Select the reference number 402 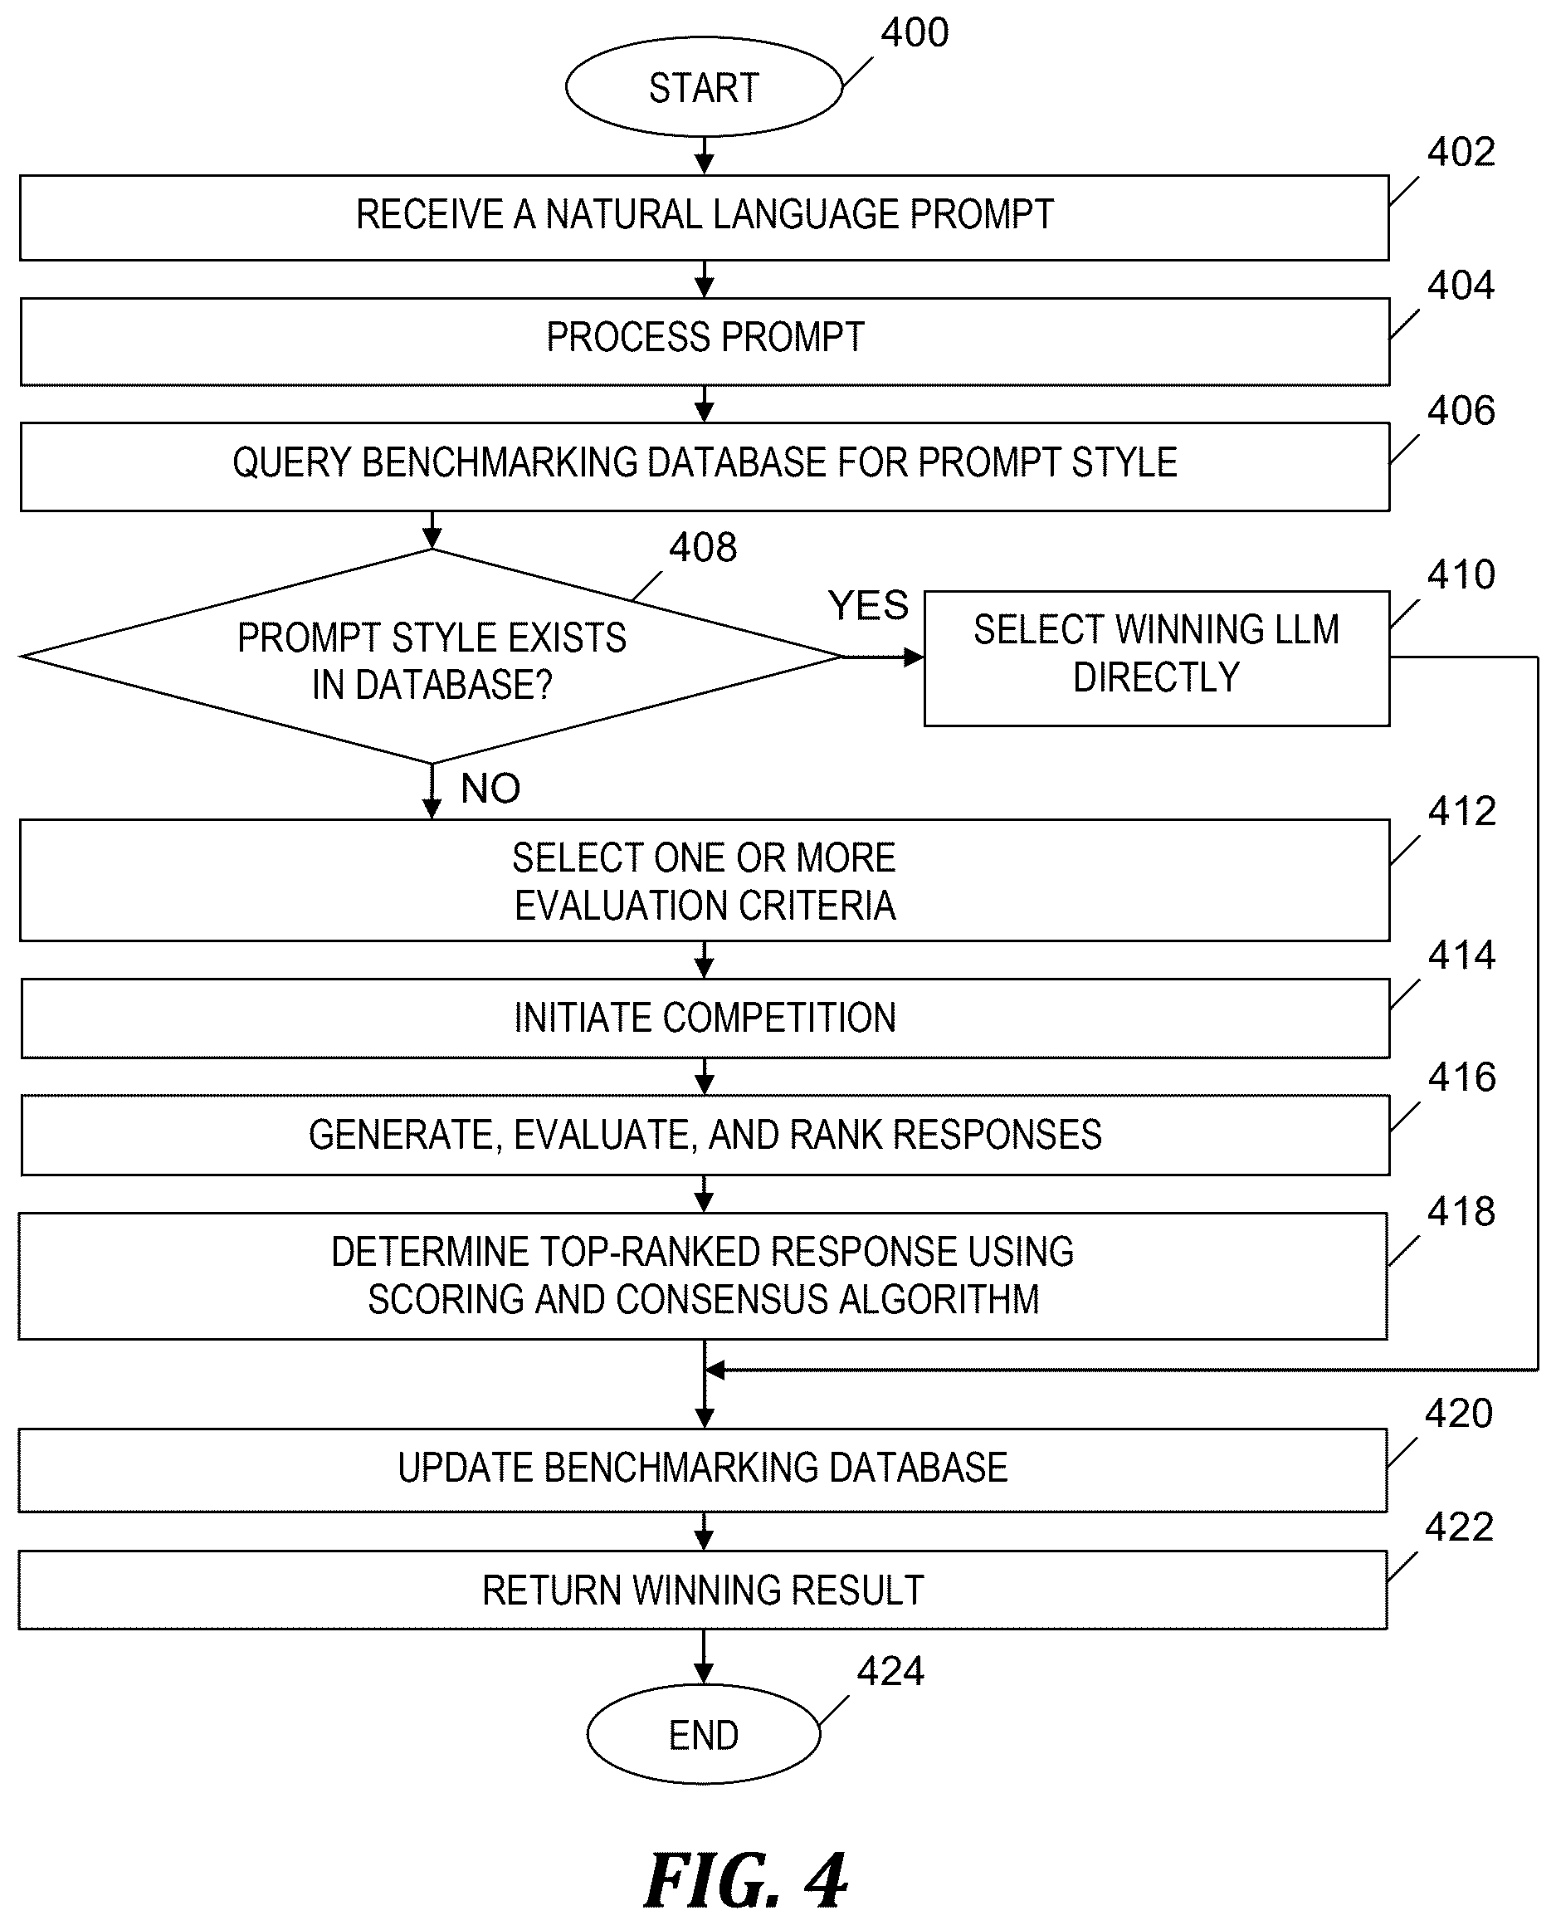[1461, 153]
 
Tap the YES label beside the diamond [868, 606]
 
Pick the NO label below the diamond [490, 789]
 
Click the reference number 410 [1461, 574]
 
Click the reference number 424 [890, 1671]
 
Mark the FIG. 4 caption [746, 1880]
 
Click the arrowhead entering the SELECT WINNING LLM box [915, 658]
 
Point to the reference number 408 [703, 547]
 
